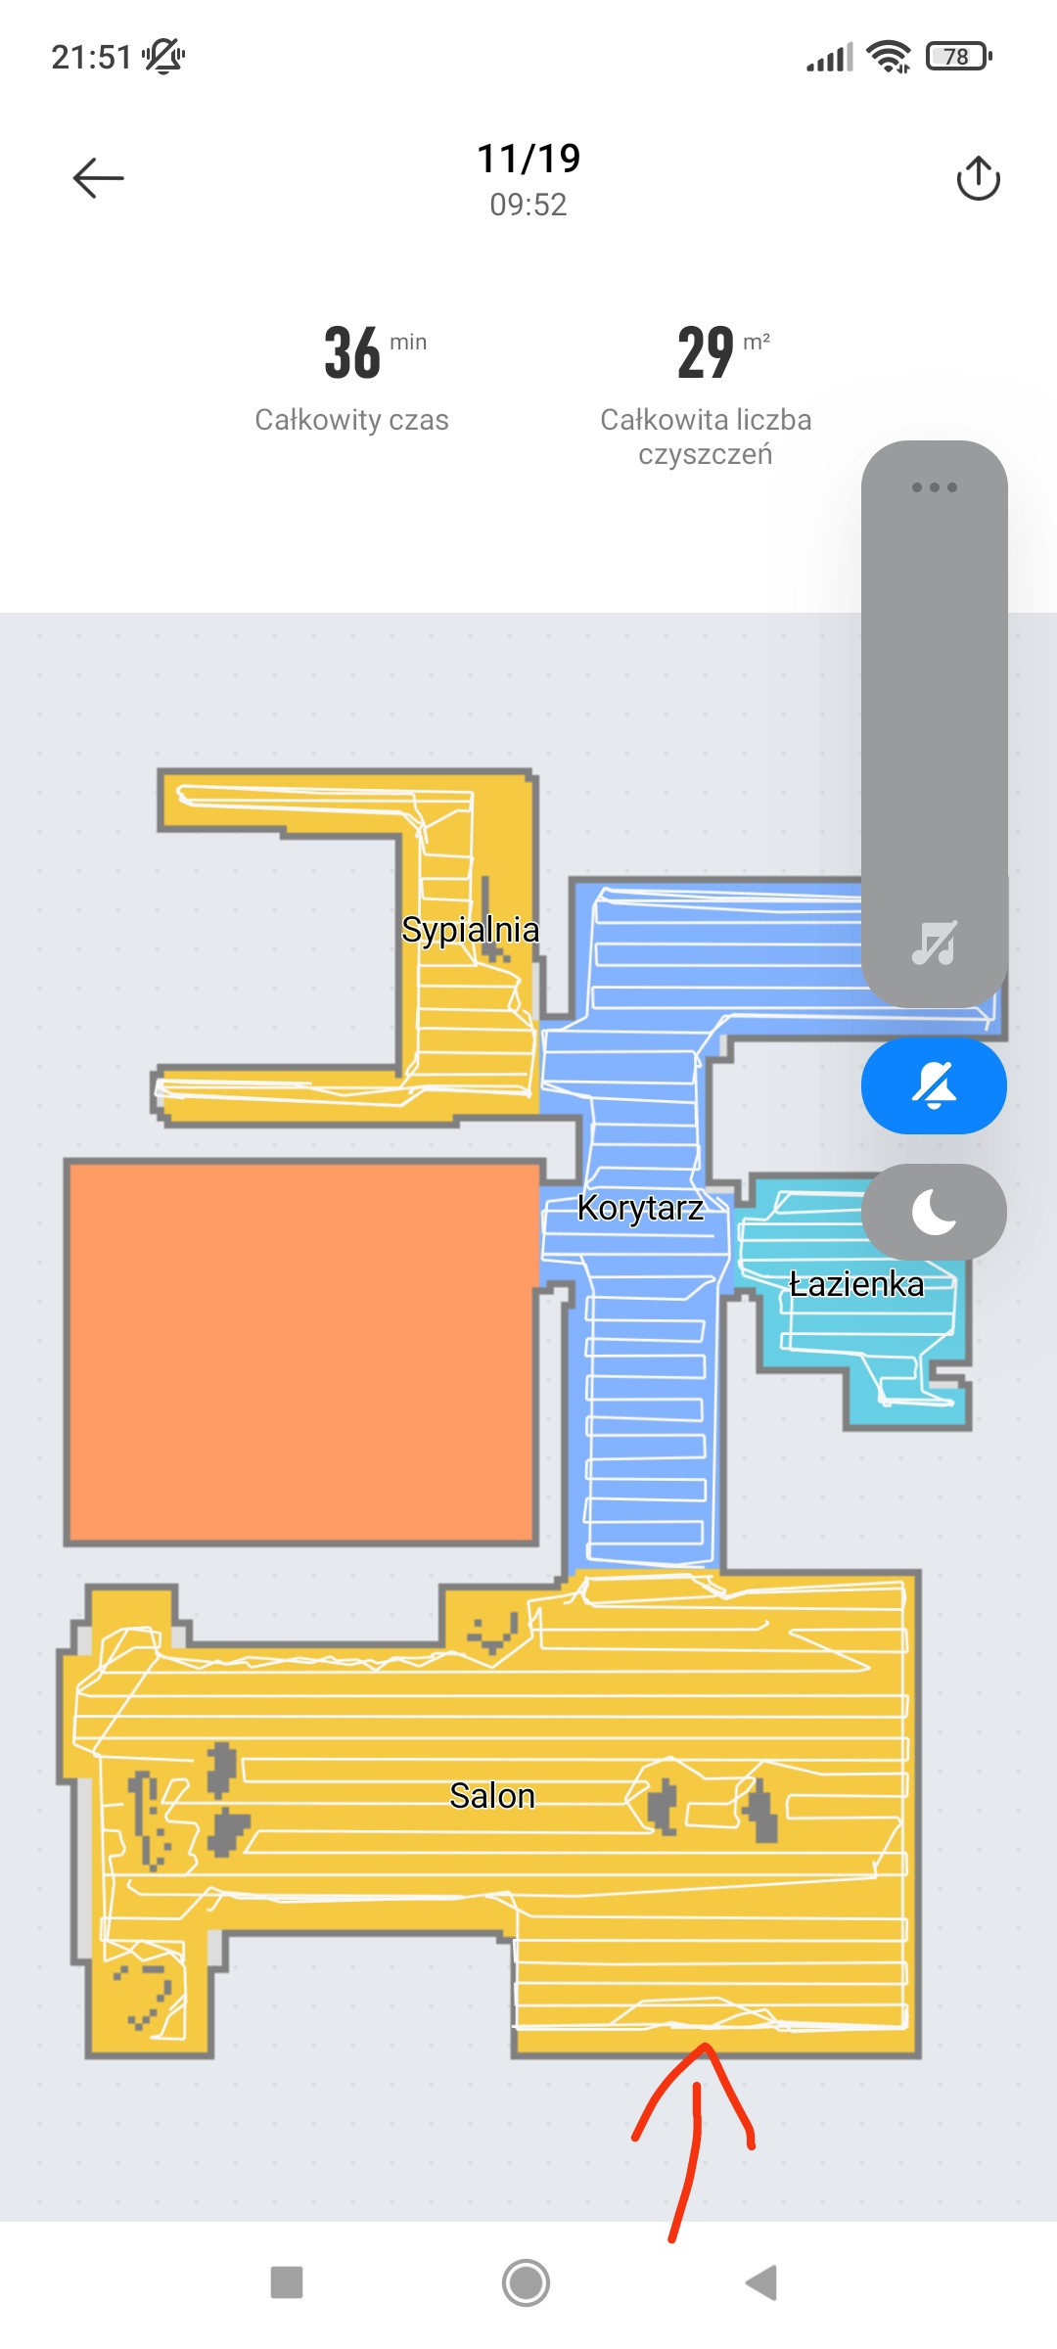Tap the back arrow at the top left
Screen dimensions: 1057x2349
click(98, 178)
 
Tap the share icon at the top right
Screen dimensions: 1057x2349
click(978, 178)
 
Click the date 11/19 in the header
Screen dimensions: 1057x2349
click(528, 159)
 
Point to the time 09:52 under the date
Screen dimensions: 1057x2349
click(528, 205)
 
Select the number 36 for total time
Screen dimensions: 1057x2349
click(352, 352)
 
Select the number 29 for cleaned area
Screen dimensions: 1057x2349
click(706, 352)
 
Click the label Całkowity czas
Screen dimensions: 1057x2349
click(352, 420)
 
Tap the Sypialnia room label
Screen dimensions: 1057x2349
click(470, 930)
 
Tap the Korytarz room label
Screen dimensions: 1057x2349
click(640, 1208)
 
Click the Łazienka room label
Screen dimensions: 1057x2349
click(856, 1284)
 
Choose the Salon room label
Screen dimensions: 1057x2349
click(492, 1796)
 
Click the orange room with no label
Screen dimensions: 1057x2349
click(302, 1353)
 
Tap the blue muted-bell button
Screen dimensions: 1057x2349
click(934, 1086)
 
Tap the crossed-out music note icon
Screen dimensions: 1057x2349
click(935, 943)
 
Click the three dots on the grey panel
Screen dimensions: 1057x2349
click(935, 487)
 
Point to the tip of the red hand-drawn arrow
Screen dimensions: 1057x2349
click(704, 2046)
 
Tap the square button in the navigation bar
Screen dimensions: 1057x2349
click(287, 2282)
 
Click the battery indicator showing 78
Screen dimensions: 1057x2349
click(959, 57)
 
